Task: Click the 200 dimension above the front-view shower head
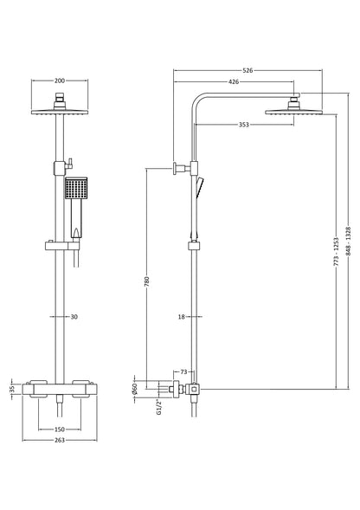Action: point(59,81)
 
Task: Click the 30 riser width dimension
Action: point(74,317)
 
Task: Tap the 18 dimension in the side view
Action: point(181,317)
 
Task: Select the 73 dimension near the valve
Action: point(184,371)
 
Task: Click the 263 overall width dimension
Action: point(59,441)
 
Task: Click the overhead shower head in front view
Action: point(59,109)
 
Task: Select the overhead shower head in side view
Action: point(285,108)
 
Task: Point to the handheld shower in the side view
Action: point(201,186)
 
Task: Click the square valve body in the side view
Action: point(195,390)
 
